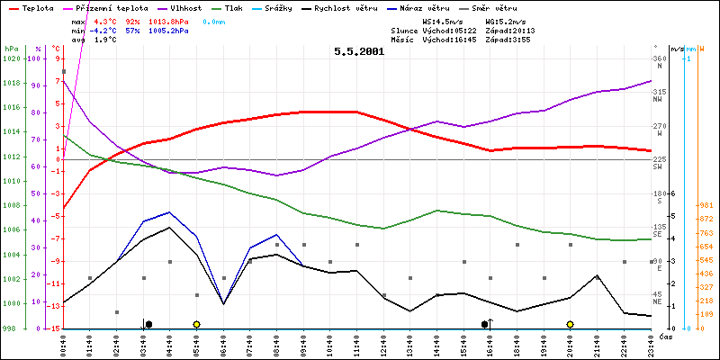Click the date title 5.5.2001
(359, 51)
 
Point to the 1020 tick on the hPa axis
(11, 58)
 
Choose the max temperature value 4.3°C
(106, 19)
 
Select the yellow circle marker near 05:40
(196, 324)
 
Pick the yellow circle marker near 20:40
(570, 324)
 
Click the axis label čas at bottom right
(664, 337)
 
